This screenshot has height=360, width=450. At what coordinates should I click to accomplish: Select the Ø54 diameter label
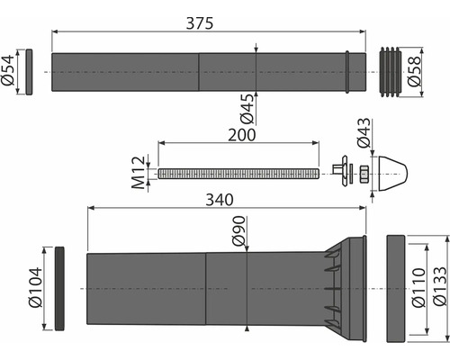point(9,70)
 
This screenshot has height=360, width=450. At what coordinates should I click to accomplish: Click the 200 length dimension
point(240,134)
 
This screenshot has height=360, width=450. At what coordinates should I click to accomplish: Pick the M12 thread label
point(138,172)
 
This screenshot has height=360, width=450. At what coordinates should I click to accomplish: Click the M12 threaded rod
point(238,172)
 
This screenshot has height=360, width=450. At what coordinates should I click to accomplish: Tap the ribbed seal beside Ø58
point(389,70)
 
